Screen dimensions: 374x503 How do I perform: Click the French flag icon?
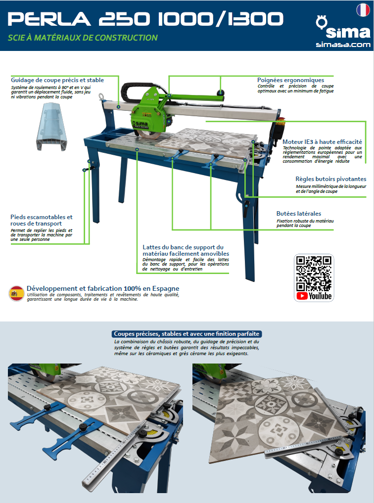[363, 10]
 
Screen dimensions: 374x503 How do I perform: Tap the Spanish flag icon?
[16, 293]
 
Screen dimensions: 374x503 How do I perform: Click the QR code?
[314, 273]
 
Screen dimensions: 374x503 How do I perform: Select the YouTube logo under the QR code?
[314, 296]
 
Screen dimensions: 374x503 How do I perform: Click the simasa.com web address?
[343, 45]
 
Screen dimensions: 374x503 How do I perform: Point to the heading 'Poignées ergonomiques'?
[290, 80]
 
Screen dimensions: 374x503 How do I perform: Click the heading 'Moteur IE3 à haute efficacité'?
[322, 141]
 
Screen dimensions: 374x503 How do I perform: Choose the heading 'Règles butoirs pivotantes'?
[330, 179]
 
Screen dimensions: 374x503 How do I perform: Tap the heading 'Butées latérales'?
[299, 213]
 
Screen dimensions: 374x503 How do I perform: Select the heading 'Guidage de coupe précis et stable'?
[57, 80]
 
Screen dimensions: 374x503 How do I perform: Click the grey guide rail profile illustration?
[51, 127]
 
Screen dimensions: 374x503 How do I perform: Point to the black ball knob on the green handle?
[220, 92]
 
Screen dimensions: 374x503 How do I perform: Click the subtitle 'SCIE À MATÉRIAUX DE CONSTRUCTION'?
[83, 38]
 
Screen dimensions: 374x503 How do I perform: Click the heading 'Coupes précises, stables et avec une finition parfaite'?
[187, 334]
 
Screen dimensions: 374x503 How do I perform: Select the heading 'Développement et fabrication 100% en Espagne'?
[103, 288]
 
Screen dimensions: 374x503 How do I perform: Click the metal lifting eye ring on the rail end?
[102, 96]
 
